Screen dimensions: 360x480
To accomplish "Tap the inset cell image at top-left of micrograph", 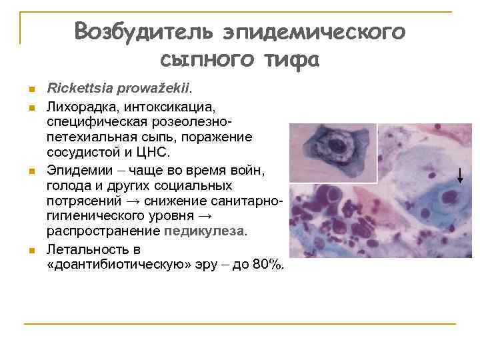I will [x=333, y=153].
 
